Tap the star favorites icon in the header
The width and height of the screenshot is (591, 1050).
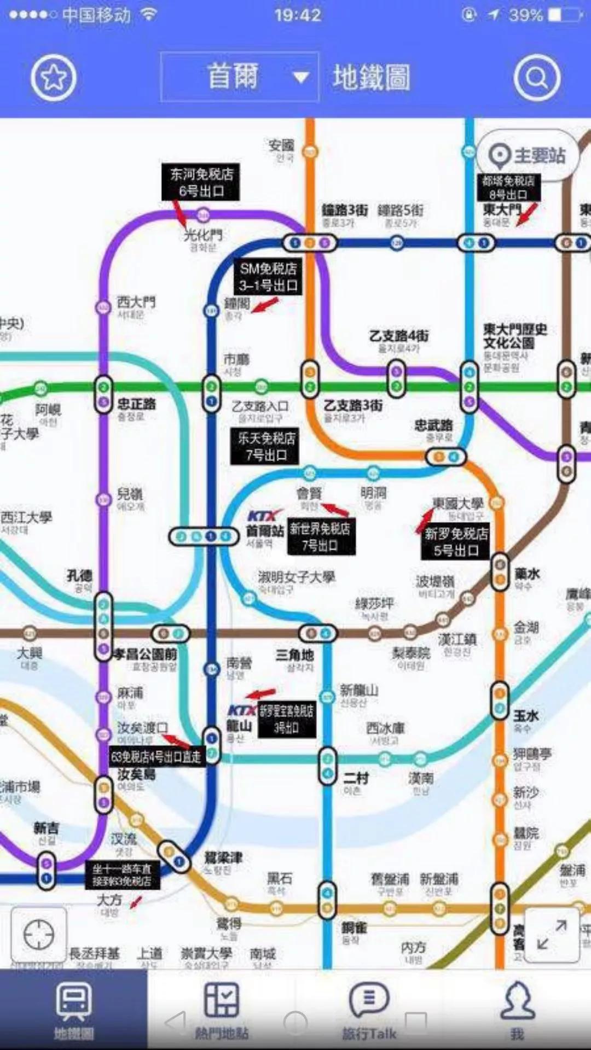pyautogui.click(x=53, y=78)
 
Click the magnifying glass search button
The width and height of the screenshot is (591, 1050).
pyautogui.click(x=537, y=78)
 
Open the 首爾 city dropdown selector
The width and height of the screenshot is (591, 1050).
pyautogui.click(x=240, y=77)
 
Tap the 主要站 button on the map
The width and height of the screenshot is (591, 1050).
pyautogui.click(x=528, y=155)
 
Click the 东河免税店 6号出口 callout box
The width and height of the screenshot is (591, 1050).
pyautogui.click(x=201, y=182)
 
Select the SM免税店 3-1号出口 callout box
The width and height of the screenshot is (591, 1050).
pyautogui.click(x=268, y=277)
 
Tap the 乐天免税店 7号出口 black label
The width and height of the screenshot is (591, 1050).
pyautogui.click(x=265, y=446)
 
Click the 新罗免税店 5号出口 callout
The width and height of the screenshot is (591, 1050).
pyautogui.click(x=456, y=541)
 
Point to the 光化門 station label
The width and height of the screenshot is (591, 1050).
pyautogui.click(x=203, y=236)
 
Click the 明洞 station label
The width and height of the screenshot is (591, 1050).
pyautogui.click(x=373, y=493)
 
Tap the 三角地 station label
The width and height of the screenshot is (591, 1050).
pyautogui.click(x=294, y=655)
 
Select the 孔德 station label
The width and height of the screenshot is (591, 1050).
pyautogui.click(x=79, y=575)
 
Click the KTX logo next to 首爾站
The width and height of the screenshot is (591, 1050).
pyautogui.click(x=264, y=516)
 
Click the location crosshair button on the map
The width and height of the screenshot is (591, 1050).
pyautogui.click(x=39, y=934)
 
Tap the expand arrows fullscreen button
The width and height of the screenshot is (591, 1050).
pyautogui.click(x=552, y=935)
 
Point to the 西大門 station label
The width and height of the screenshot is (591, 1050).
pyautogui.click(x=136, y=302)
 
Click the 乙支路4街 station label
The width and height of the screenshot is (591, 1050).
pyautogui.click(x=398, y=335)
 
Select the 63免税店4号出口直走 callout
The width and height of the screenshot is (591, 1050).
pyautogui.click(x=157, y=757)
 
